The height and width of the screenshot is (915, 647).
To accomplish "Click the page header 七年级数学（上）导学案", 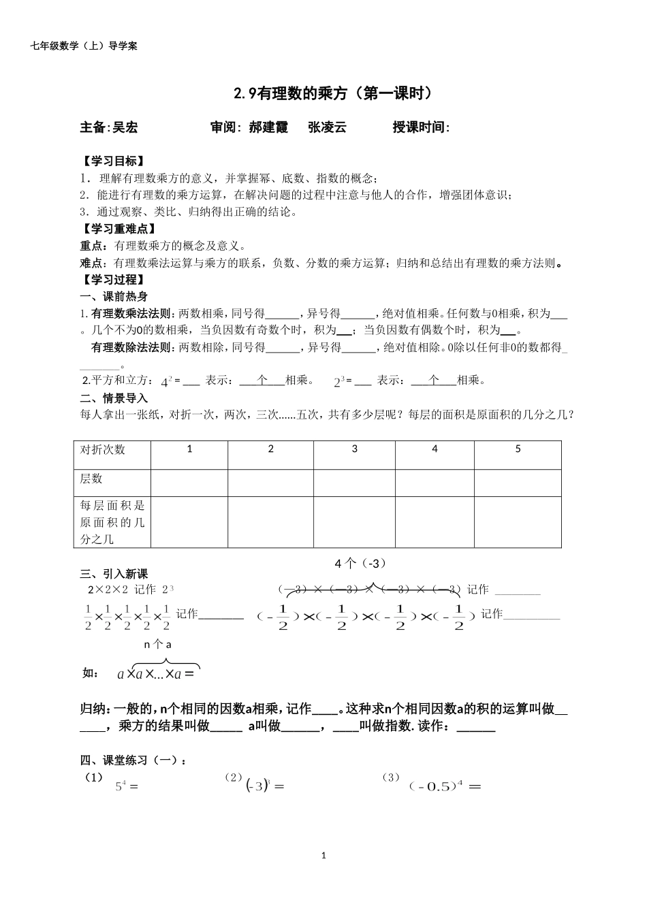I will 84,46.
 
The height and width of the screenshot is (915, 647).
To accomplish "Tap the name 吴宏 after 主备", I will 125,127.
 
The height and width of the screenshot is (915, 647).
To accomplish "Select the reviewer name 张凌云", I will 327,127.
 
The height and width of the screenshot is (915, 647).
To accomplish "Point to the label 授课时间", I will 420,127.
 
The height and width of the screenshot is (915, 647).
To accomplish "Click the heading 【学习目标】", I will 112,161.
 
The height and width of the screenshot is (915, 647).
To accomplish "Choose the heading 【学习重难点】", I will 118,229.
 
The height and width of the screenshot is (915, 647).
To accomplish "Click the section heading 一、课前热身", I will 114,297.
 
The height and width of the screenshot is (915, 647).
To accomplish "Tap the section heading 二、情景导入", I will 114,398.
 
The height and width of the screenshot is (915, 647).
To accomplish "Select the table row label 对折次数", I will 103,450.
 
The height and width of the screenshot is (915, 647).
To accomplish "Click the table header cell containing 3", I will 354,449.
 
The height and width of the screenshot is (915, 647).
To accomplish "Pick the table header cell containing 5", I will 518,449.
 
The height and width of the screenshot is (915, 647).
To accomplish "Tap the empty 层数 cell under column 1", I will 189,483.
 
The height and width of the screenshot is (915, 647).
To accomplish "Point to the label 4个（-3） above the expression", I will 361,563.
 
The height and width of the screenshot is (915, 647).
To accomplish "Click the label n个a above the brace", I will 157,644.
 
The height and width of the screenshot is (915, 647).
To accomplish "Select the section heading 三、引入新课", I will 114,574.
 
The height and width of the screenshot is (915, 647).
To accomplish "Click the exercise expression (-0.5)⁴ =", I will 445,786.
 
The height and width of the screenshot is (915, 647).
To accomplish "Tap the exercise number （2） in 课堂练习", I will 234,777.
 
